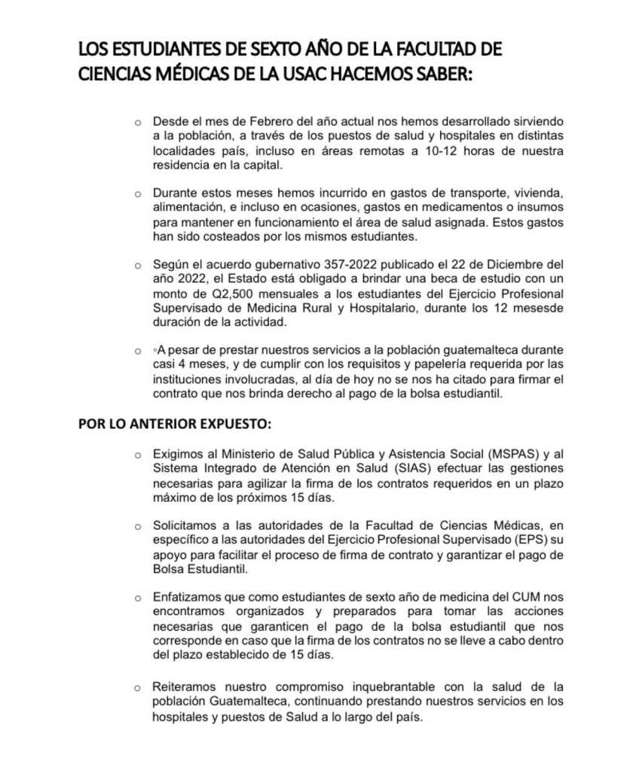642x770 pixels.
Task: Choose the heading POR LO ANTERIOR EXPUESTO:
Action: click(x=174, y=423)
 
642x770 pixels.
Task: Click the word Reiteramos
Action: click(x=184, y=687)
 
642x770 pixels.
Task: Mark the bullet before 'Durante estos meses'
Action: click(x=137, y=193)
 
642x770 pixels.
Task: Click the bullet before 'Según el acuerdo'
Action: click(x=137, y=265)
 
